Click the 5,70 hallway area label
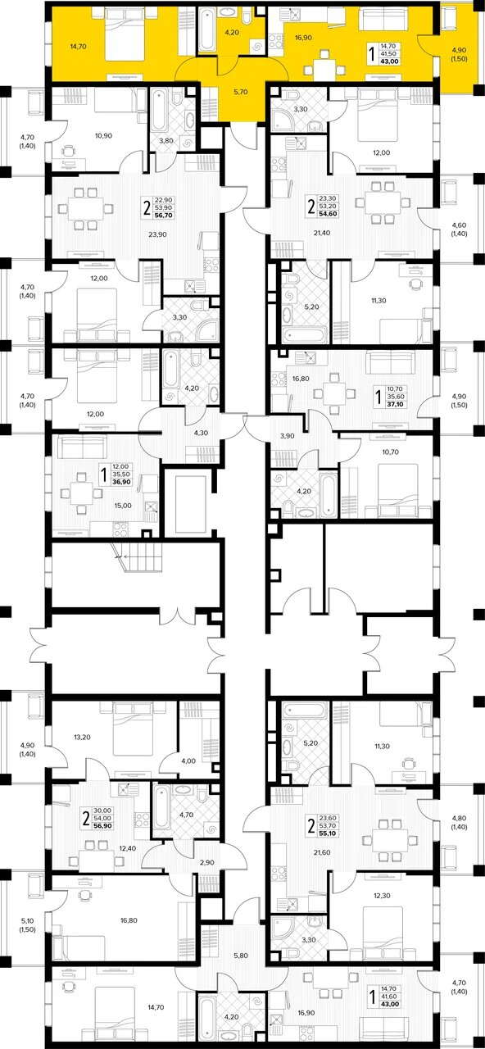coord(240,92)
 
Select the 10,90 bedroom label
coord(103,136)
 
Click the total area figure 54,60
coord(329,214)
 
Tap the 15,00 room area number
coord(123,506)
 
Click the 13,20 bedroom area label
coord(83,737)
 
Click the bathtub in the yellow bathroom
coord(207,30)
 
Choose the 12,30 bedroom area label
coord(382,896)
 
